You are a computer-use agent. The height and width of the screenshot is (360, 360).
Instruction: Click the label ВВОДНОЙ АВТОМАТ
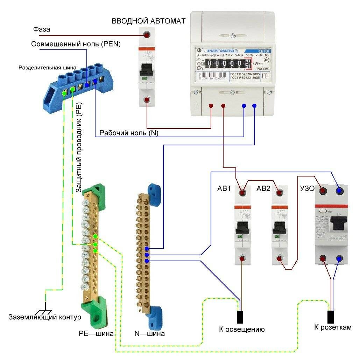click(148, 21)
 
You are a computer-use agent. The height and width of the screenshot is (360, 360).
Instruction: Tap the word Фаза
click(41, 29)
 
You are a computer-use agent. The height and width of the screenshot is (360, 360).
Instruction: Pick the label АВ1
click(224, 189)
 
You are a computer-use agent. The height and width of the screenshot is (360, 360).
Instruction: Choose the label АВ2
click(263, 189)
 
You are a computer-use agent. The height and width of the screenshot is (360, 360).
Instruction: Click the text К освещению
click(242, 329)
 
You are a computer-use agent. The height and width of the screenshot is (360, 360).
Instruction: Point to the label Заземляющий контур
click(45, 317)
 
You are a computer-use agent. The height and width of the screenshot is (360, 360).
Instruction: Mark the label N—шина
click(149, 334)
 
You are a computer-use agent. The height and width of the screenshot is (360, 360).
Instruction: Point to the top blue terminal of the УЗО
click(339, 191)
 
